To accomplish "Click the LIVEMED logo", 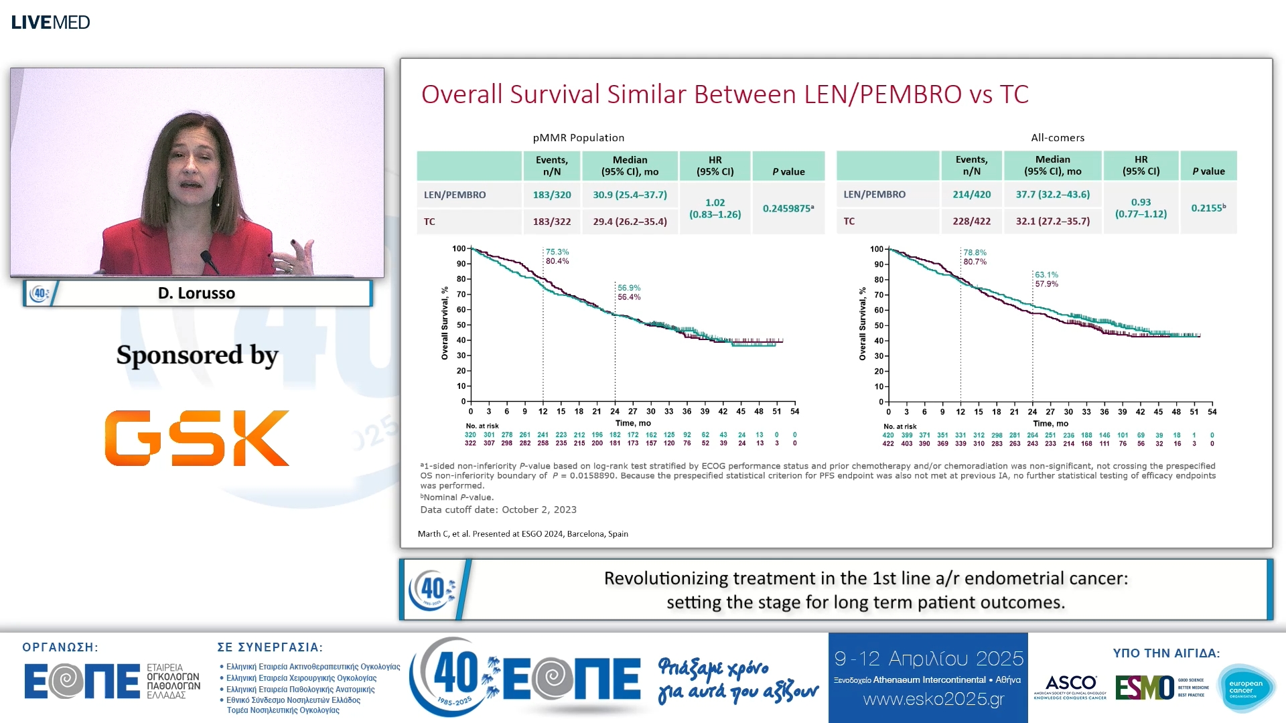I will point(50,22).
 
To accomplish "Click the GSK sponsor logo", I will point(197,438).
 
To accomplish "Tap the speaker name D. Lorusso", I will point(196,293).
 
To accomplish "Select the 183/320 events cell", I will point(552,195).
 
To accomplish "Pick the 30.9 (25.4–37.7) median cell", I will point(630,195).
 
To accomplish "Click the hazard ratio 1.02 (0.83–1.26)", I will point(715,208).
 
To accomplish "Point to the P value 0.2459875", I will point(788,208).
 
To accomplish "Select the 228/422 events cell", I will point(971,221).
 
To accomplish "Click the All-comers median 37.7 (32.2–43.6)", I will point(1052,194).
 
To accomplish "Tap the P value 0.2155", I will point(1208,208).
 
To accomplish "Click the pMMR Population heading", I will point(579,138).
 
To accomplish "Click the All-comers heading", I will point(1058,138).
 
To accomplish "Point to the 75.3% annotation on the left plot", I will point(557,252).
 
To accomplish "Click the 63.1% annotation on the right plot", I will point(1046,274).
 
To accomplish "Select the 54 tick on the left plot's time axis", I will point(794,412).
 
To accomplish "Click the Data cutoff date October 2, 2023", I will point(498,509).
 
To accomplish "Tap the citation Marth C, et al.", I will point(522,534).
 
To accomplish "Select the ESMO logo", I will point(1144,688).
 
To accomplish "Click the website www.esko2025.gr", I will point(934,700).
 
